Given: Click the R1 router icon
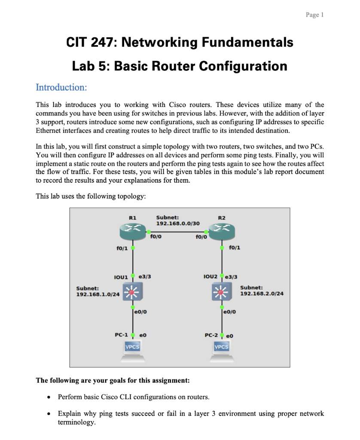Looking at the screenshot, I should (133, 232).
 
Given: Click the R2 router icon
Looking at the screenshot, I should (222, 232).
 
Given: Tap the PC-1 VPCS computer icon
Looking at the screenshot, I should (133, 350).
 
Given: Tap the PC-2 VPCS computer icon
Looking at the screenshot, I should (222, 350).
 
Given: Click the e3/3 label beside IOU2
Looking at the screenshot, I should (232, 277).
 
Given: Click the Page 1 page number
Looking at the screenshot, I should (315, 15).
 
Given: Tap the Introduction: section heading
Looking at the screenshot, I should (61, 87).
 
